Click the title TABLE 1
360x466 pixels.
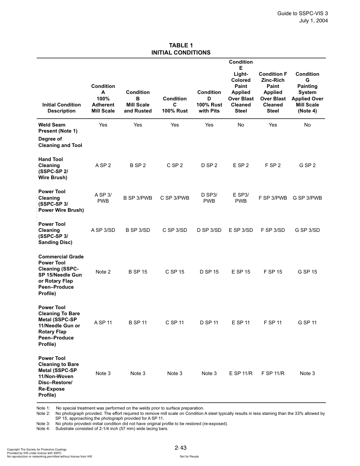coord(181,45)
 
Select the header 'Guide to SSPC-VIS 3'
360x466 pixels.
coord(302,13)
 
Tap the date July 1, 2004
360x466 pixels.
coord(313,20)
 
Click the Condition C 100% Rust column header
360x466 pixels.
coord(175,105)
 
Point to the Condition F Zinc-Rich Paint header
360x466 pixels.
coord(273,92)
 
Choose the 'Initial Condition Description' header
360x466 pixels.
coord(61,108)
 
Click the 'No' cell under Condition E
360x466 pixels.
coord(241,125)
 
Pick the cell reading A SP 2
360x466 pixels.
coord(103,165)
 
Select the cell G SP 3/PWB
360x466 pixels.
coord(307,198)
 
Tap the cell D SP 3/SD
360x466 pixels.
coord(209,230)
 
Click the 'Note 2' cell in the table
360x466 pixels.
coord(103,272)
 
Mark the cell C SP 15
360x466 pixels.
coord(175,272)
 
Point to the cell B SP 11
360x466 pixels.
coord(138,322)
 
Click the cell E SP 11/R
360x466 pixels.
coord(241,373)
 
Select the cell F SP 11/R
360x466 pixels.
coord(273,373)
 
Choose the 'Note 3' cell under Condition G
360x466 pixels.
coord(307,373)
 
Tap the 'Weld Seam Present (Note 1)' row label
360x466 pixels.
coord(58,128)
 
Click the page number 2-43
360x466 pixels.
coord(181,448)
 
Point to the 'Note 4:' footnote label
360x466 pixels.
coord(43,428)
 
